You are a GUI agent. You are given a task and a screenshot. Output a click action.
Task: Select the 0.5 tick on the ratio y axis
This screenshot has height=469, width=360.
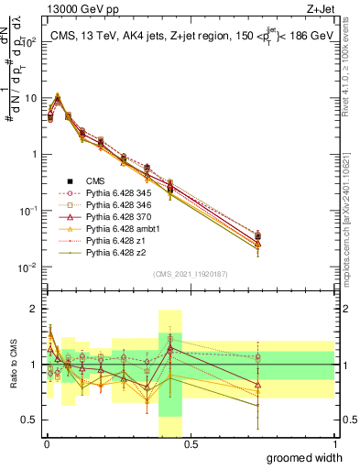tap(30, 420)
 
